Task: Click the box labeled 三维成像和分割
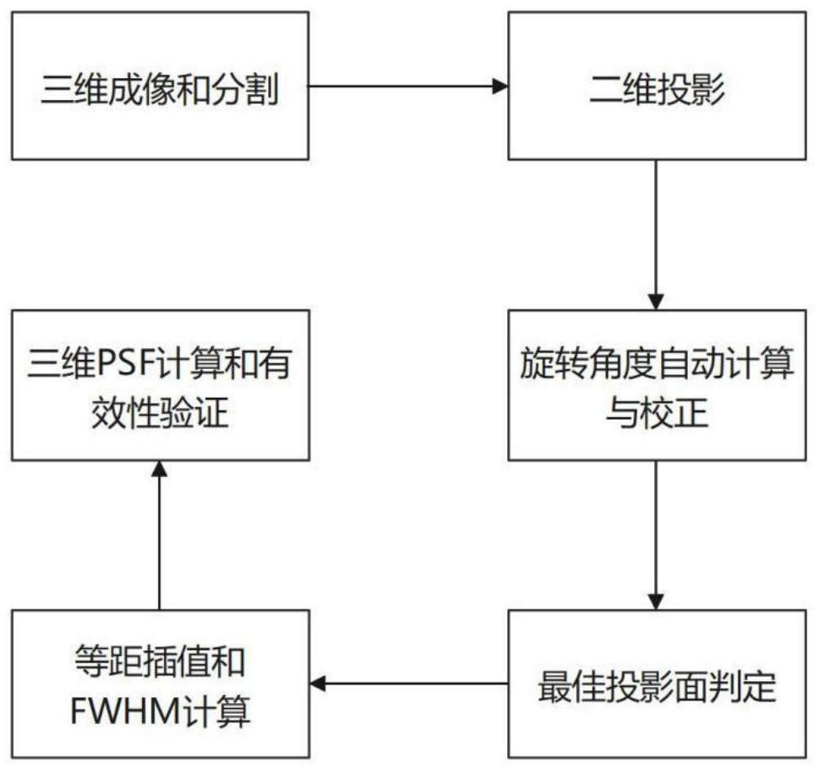click(160, 87)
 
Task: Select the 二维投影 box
click(657, 87)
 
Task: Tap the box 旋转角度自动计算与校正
click(657, 385)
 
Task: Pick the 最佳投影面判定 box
click(657, 684)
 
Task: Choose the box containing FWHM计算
click(161, 684)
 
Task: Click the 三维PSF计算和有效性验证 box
click(161, 385)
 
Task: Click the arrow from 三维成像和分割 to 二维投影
click(409, 87)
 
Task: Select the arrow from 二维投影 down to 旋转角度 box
click(656, 235)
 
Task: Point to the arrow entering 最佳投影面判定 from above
click(656, 536)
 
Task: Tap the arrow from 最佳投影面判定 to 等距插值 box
click(409, 684)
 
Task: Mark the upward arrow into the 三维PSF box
click(159, 536)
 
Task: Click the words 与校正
click(657, 413)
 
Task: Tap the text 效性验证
click(161, 413)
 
